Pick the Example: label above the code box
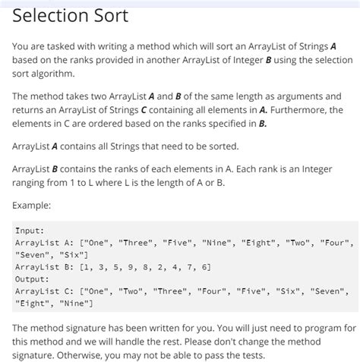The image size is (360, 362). point(33,205)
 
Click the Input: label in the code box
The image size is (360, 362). point(30,230)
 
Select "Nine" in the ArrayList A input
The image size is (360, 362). point(218,243)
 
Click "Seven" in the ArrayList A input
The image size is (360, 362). point(33,255)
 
